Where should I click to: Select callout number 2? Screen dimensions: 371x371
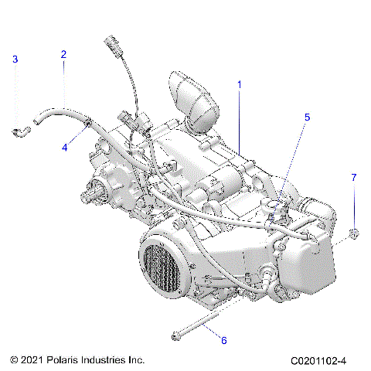(63, 54)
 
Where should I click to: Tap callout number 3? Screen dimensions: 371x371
(15, 60)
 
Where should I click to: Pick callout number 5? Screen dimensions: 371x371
(307, 117)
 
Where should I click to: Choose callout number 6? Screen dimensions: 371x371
(223, 340)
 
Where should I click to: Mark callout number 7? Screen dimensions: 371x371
(354, 199)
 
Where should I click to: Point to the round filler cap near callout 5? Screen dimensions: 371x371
(272, 205)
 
